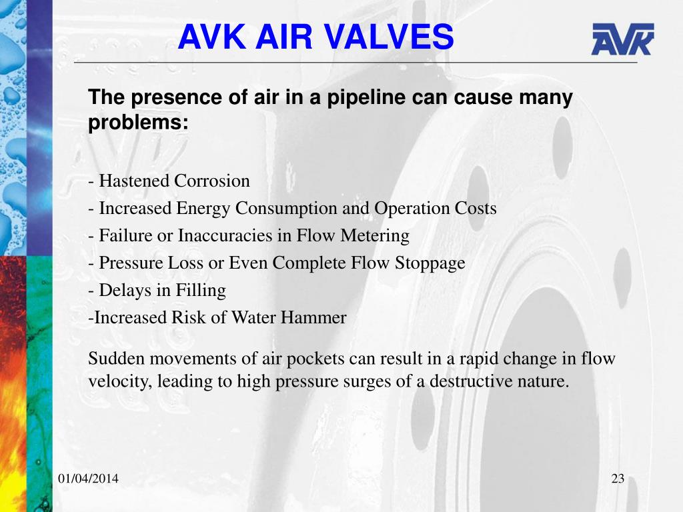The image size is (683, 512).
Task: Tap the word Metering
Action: (x=375, y=236)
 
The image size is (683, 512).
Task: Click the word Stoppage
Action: (x=430, y=263)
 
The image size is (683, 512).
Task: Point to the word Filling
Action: (x=201, y=291)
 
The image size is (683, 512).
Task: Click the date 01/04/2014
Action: (x=89, y=479)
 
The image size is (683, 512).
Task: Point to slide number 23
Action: (x=618, y=479)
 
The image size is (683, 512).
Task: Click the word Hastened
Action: (x=134, y=181)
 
